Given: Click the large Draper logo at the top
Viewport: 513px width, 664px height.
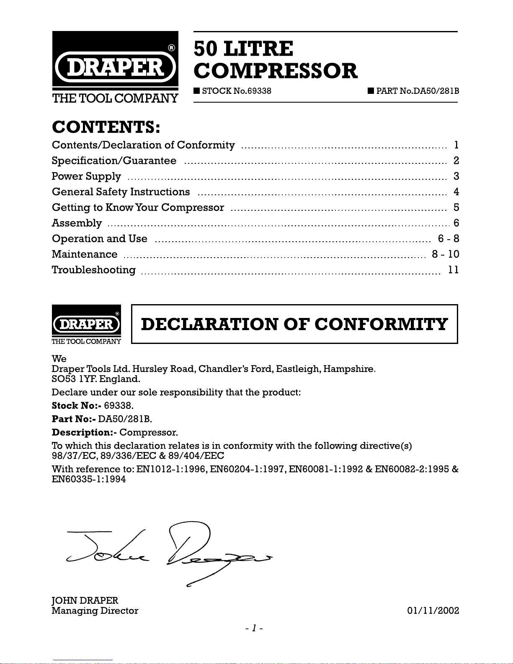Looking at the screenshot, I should tap(115, 67).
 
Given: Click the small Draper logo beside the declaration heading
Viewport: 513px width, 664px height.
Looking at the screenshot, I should tap(86, 325).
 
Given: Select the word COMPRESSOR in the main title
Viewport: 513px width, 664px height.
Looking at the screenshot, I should tap(276, 71).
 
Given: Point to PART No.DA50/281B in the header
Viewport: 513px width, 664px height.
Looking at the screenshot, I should tap(417, 91).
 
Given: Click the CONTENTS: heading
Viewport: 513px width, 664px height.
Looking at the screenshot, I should tap(106, 127).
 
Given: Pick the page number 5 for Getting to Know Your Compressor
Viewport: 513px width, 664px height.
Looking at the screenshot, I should tap(456, 207).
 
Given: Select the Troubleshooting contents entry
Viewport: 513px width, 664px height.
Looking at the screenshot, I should tap(94, 270).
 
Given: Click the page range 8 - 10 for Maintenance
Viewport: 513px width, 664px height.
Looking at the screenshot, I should tap(446, 254).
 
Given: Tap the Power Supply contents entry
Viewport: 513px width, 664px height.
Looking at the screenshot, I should tap(86, 176).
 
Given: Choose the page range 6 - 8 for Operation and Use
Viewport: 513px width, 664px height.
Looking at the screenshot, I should tap(449, 239).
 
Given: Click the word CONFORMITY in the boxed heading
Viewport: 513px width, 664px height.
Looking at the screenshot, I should tap(381, 324).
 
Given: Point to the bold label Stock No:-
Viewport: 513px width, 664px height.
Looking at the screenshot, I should tap(76, 406).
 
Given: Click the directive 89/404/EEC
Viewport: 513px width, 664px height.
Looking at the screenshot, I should tap(196, 456).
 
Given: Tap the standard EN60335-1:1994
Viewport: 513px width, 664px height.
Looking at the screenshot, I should tap(89, 479).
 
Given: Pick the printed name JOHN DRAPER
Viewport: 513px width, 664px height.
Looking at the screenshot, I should tap(85, 600).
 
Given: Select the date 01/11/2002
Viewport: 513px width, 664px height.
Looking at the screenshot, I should tap(433, 611).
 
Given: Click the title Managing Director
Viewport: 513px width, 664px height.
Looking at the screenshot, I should tap(95, 611).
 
